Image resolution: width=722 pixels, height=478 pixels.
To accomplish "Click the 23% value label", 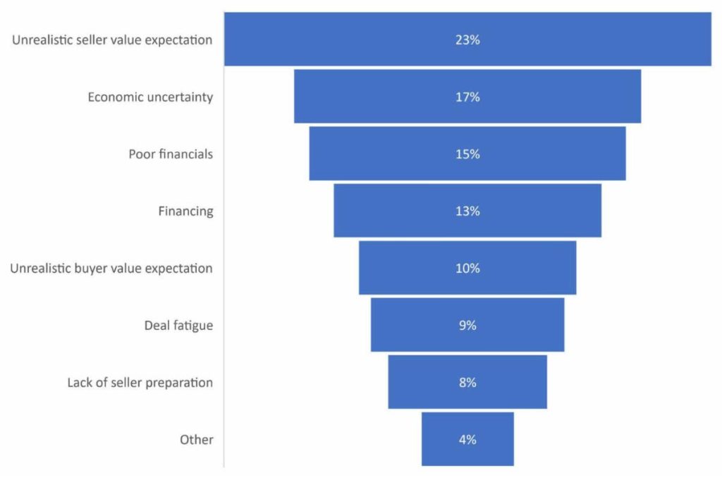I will pyautogui.click(x=467, y=40).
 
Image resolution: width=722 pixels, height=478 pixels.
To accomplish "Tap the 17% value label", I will pyautogui.click(x=467, y=97).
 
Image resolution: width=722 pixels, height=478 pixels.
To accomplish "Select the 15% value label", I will pyautogui.click(x=467, y=154).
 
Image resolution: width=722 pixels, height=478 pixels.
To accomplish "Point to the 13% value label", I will pyautogui.click(x=467, y=212).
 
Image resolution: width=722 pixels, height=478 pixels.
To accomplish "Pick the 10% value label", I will pyautogui.click(x=467, y=269).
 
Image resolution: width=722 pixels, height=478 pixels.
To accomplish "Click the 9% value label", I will pyautogui.click(x=467, y=326).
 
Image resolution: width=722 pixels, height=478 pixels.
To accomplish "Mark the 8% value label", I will pyautogui.click(x=467, y=383).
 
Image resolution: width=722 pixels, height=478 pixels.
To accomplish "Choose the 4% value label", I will pyautogui.click(x=467, y=440).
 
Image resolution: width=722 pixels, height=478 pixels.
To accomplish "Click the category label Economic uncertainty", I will pyautogui.click(x=149, y=97).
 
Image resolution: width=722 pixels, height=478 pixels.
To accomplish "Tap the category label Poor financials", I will pyautogui.click(x=170, y=154).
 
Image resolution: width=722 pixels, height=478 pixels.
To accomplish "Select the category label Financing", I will pyautogui.click(x=185, y=212).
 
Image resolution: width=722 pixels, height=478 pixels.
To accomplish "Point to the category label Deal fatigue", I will pyautogui.click(x=178, y=326).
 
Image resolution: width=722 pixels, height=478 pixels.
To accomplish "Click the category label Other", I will pyautogui.click(x=196, y=440).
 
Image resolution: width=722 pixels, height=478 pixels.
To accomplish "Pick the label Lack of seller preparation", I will pyautogui.click(x=140, y=383).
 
